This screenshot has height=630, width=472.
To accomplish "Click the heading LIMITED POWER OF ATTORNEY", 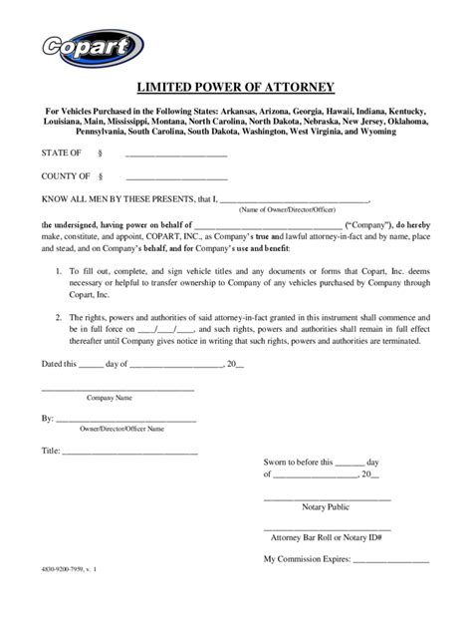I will coord(235,86).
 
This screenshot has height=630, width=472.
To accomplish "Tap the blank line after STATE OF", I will coord(175,154).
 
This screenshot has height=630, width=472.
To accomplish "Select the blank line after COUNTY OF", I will coord(175,176).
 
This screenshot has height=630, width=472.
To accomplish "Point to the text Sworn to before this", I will coord(298,463).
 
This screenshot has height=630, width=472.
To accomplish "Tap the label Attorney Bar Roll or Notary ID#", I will coord(327,536).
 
